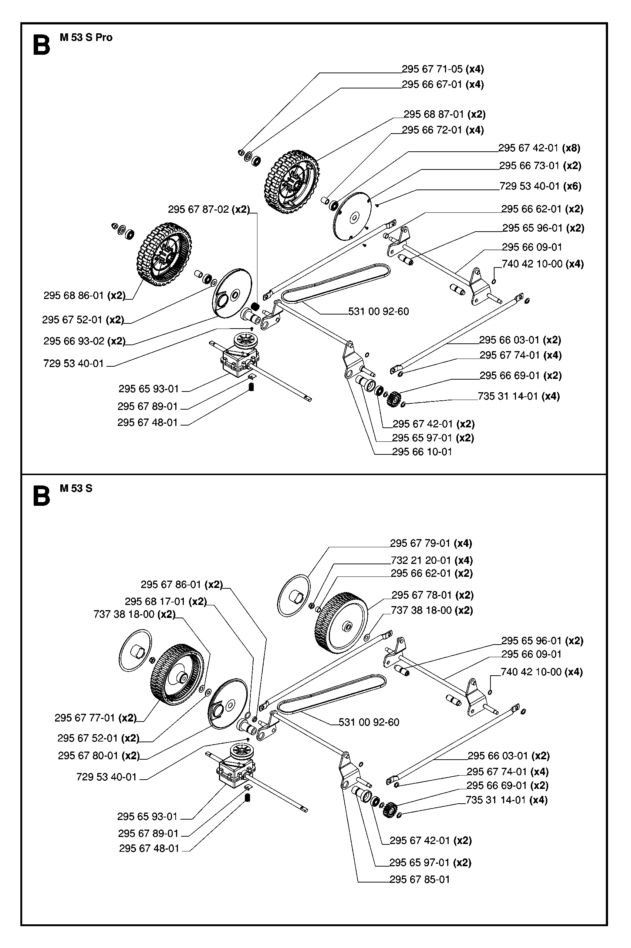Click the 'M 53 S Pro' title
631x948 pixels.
pyautogui.click(x=86, y=37)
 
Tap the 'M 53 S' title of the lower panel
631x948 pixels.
pyautogui.click(x=76, y=488)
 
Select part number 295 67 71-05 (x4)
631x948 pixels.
pyautogui.click(x=443, y=69)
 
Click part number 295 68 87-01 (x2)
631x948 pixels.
pyautogui.click(x=444, y=114)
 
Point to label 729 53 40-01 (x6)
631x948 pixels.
pyautogui.click(x=540, y=186)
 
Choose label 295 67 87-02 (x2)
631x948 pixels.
pyautogui.click(x=209, y=209)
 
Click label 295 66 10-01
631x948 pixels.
pyautogui.click(x=422, y=452)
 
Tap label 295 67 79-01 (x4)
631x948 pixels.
pyautogui.click(x=431, y=544)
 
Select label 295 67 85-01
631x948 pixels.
pyautogui.click(x=419, y=880)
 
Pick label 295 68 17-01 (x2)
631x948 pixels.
pyautogui.click(x=165, y=601)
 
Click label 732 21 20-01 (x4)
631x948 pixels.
pyautogui.click(x=431, y=560)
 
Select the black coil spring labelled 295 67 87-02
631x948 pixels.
pyautogui.click(x=255, y=307)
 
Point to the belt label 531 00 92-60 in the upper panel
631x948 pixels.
pyautogui.click(x=378, y=312)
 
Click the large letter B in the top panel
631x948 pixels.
pyautogui.click(x=41, y=46)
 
